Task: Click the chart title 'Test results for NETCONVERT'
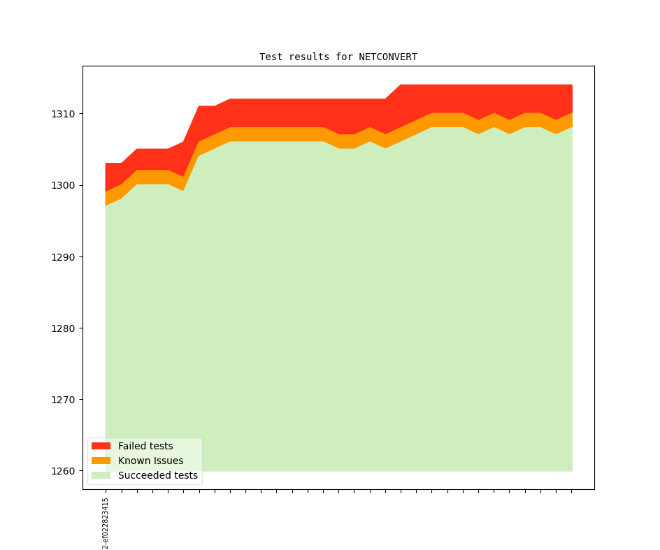(338, 57)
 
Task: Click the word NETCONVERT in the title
(388, 57)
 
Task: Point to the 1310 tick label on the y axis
(64, 114)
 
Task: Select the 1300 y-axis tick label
(64, 185)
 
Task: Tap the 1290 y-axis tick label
(64, 257)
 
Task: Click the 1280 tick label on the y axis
(64, 328)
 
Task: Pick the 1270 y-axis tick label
(64, 400)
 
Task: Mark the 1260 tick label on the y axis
(64, 472)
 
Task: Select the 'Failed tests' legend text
(145, 446)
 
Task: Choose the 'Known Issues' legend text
(150, 461)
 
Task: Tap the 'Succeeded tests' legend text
(158, 476)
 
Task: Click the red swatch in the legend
(101, 446)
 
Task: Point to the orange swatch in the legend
(101, 461)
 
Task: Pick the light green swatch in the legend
(101, 476)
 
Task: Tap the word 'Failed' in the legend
(131, 446)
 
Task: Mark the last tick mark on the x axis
(572, 491)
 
